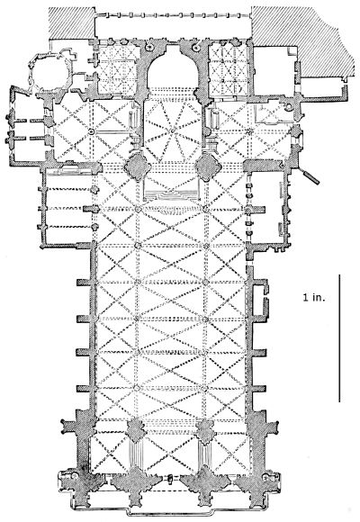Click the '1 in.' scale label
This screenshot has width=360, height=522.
(314, 297)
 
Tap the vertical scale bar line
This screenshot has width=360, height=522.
(339, 337)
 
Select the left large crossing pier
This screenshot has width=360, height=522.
(136, 166)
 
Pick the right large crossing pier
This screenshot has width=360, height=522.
(208, 166)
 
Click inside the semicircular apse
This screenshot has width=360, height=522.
(172, 72)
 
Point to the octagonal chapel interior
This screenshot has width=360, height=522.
(50, 73)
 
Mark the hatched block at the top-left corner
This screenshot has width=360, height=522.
(72, 22)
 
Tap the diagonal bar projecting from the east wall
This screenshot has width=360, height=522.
(310, 176)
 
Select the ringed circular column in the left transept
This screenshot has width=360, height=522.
(91, 132)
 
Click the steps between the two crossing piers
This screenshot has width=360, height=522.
(172, 194)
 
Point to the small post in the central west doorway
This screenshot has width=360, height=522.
(170, 479)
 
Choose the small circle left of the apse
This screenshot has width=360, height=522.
(148, 48)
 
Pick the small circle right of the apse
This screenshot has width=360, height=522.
(196, 48)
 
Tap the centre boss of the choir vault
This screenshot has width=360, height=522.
(172, 130)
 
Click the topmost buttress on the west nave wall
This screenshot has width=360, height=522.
(84, 283)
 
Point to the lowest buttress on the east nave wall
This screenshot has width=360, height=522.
(259, 389)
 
